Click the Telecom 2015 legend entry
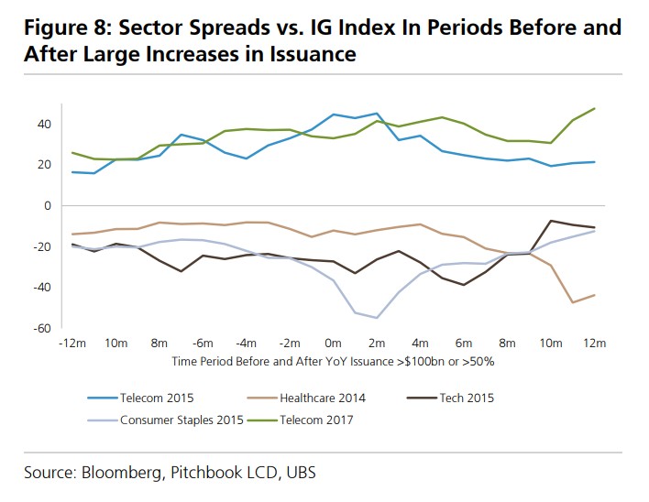coord(155,398)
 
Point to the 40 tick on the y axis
coord(43,124)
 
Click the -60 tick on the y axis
coord(41,328)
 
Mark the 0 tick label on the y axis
coord(47,205)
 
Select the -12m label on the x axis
coord(71,344)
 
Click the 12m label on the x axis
coord(595,344)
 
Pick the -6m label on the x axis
coord(203,344)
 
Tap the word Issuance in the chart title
coord(312,54)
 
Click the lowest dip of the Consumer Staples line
coord(377,318)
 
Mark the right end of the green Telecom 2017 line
coord(595,108)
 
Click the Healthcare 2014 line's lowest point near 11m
coord(573,302)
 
